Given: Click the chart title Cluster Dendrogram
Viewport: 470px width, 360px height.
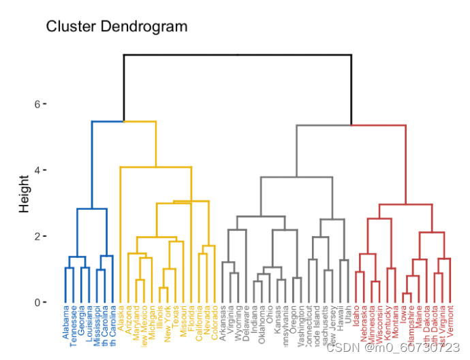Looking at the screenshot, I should coord(116,27).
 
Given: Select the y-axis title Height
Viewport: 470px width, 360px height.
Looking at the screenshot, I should coord(25,193).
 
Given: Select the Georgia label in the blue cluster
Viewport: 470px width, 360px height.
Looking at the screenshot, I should coord(81,323).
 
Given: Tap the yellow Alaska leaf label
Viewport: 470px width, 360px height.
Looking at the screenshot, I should coord(121,320).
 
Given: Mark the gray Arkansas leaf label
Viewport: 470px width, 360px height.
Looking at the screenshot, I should coord(223,325).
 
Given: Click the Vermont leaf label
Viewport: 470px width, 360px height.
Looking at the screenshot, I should coord(452,323).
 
